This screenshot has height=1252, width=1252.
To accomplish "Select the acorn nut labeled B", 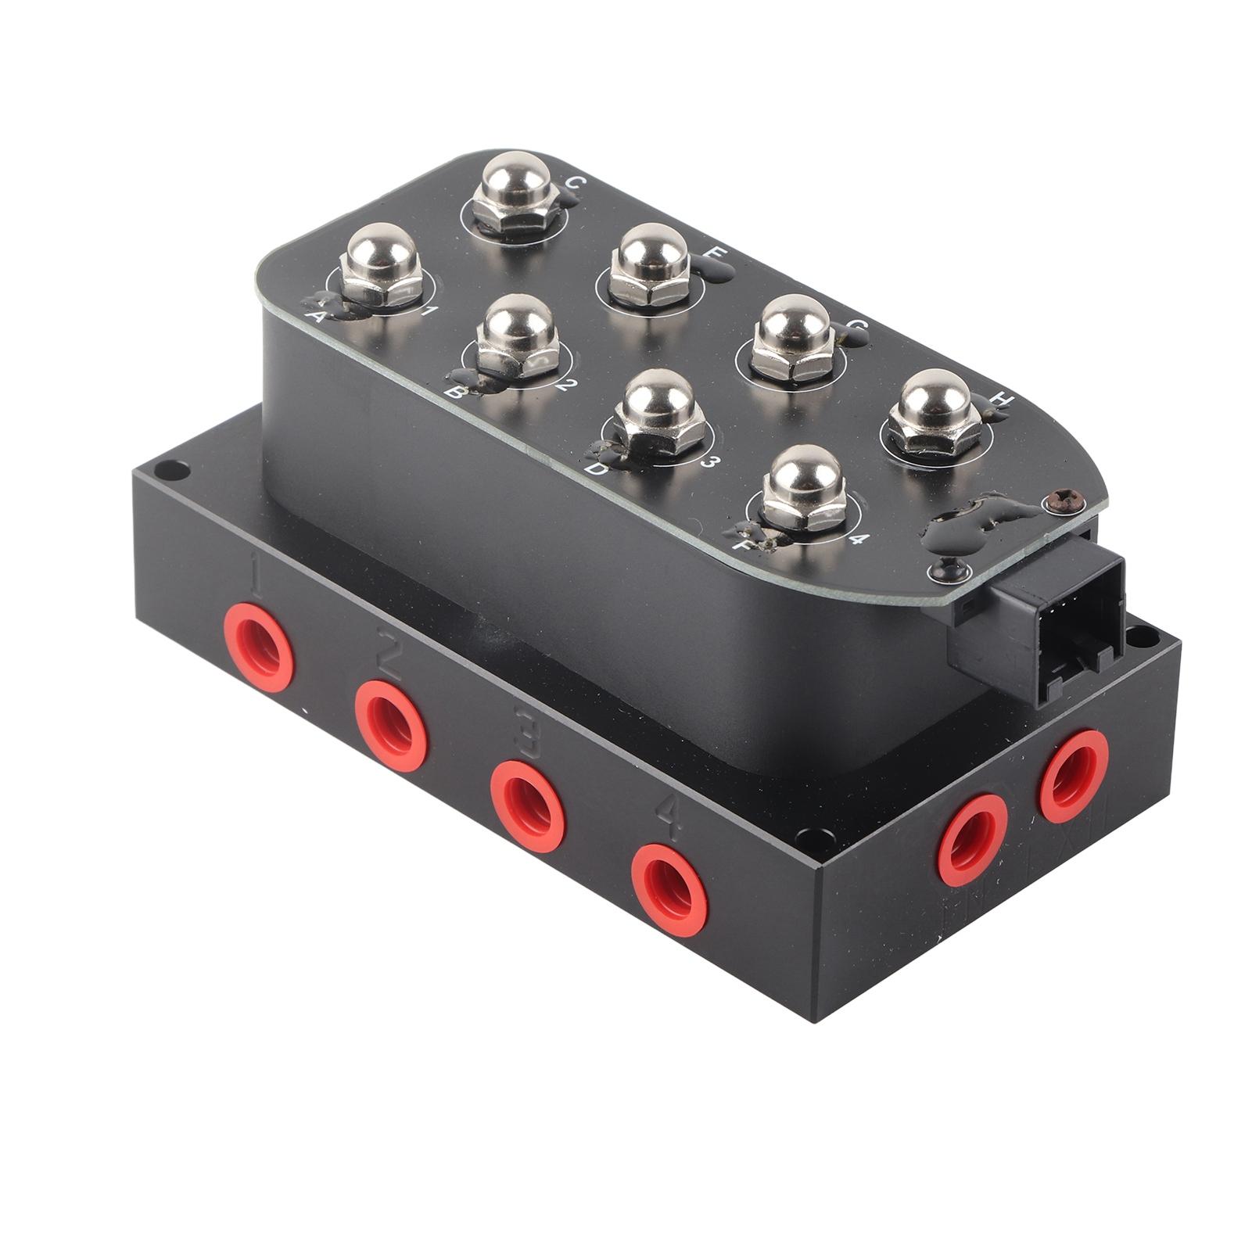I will point(517,336).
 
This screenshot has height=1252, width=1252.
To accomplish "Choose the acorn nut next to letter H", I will point(935,411).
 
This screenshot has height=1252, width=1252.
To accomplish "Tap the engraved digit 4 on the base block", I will point(666,813).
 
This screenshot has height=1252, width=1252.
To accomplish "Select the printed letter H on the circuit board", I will point(1002,400).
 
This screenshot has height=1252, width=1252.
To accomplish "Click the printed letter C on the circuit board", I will point(573,183).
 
